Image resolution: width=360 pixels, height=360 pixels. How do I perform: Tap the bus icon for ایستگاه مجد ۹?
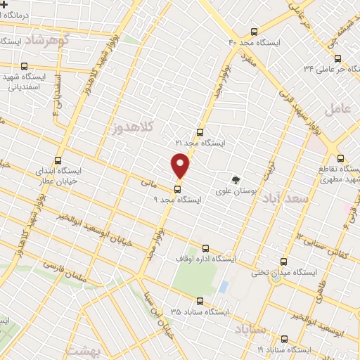pos(176,188)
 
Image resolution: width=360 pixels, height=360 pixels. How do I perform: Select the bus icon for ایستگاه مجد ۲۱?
pos(200,131)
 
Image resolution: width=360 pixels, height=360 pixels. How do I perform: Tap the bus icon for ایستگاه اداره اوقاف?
pos(205,247)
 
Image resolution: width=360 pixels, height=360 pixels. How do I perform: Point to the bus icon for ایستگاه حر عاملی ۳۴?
pos(338,58)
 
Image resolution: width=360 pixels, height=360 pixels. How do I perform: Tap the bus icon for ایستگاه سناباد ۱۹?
pos(284,338)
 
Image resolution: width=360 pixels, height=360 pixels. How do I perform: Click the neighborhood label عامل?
pos(337,108)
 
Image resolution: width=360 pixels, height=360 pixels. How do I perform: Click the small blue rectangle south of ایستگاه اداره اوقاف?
pos(224,287)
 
